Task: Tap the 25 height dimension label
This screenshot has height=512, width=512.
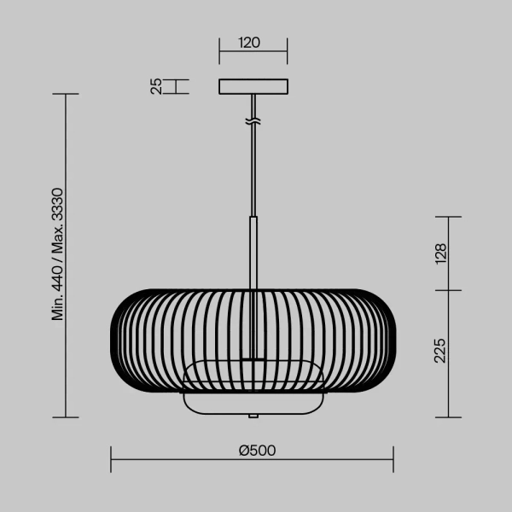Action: click(x=156, y=86)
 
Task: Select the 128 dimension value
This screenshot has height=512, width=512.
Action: click(x=440, y=253)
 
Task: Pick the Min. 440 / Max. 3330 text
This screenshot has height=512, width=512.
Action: click(x=58, y=254)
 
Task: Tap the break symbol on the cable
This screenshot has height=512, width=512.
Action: click(x=253, y=121)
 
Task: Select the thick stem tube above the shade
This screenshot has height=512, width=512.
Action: click(x=253, y=253)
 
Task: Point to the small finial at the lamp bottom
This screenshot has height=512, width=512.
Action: click(x=253, y=416)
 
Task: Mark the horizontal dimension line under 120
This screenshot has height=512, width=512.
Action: click(x=253, y=52)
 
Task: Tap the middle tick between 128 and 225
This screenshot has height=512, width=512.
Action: click(x=449, y=290)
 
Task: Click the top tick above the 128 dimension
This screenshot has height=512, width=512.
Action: click(x=449, y=217)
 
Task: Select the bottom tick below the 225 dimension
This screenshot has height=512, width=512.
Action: click(x=449, y=417)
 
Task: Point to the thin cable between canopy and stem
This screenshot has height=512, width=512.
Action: click(x=253, y=171)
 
